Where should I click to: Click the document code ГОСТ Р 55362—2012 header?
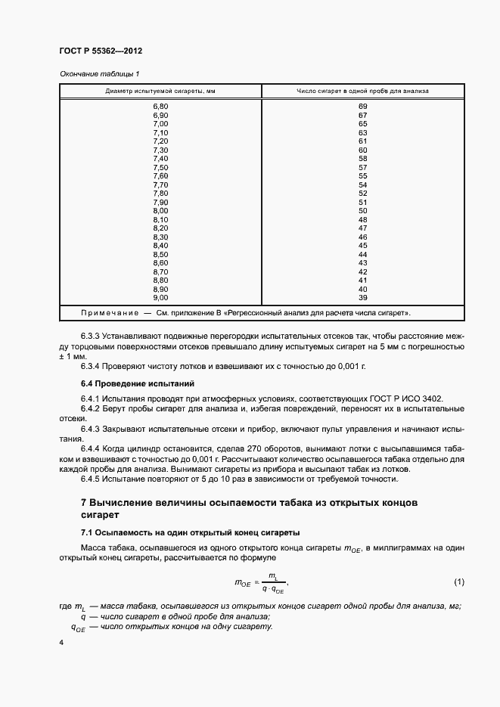[x=100, y=51]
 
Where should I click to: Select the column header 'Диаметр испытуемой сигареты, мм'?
[x=160, y=91]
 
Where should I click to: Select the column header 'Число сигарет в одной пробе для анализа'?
[x=362, y=91]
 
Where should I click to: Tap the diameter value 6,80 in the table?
[x=160, y=106]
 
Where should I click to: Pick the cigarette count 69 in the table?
[x=362, y=106]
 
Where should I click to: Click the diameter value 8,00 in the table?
[x=160, y=210]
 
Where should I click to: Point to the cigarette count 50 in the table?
[x=362, y=210]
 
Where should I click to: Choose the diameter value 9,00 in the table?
[x=160, y=297]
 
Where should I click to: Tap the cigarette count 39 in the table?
[x=362, y=297]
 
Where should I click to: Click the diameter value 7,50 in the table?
[x=160, y=167]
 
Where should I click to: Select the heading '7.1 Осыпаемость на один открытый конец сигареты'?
[x=189, y=532]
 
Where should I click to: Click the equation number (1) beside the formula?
[x=458, y=581]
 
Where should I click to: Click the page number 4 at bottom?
[x=61, y=643]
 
